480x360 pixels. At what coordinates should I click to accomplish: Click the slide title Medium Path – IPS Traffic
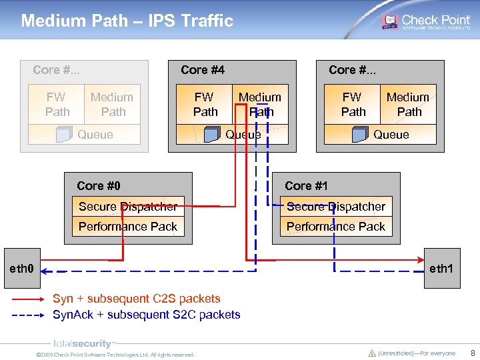[x=127, y=21]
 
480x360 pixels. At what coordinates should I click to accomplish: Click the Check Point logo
[x=426, y=21]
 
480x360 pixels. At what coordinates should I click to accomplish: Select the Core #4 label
[x=203, y=70]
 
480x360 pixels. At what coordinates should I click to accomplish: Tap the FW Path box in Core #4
[x=205, y=105]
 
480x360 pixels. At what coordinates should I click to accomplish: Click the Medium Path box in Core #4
[x=260, y=105]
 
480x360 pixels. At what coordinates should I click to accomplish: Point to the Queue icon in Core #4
[x=212, y=135]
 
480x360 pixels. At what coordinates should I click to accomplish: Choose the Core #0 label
[x=99, y=186]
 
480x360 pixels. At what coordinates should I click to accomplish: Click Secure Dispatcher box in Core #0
[x=128, y=207]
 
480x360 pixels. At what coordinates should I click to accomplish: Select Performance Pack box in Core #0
[x=128, y=227]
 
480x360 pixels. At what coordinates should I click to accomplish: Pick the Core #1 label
[x=307, y=186]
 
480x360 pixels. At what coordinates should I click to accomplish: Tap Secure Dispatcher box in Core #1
[x=336, y=207]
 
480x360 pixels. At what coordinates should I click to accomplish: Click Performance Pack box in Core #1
[x=336, y=227]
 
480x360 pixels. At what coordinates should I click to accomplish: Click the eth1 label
[x=441, y=269]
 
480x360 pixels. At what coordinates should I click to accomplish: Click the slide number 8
[x=472, y=353]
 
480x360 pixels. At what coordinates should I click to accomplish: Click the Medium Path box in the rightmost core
[x=408, y=105]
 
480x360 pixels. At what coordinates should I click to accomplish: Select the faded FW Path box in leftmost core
[x=57, y=105]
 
